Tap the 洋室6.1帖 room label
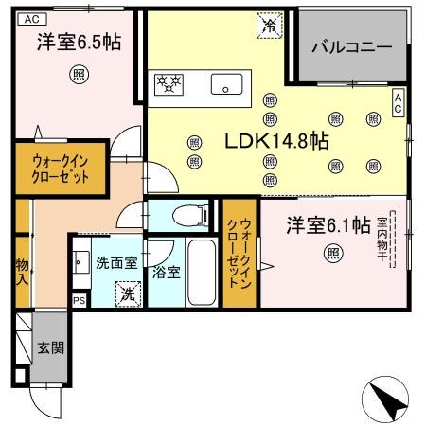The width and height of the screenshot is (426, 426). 328,225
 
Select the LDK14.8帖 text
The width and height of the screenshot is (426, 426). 275,142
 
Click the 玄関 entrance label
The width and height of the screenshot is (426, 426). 51,347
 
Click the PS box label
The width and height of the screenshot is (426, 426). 79,300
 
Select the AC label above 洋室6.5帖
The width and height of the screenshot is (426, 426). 30,18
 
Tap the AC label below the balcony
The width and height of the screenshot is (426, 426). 399,102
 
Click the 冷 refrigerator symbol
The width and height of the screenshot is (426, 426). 270,26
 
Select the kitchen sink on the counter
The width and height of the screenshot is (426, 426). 228,83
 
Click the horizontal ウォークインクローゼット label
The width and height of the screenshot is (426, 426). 60,169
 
